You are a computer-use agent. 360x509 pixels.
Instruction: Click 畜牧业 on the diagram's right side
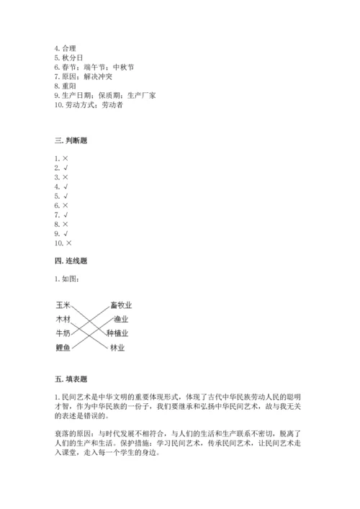(x=121, y=305)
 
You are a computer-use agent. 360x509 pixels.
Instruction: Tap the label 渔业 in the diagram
(x=120, y=319)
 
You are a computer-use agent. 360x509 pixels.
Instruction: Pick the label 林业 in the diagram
(x=117, y=348)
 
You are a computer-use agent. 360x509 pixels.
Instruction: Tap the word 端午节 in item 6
(x=97, y=67)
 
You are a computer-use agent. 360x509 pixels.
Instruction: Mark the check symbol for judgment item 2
(x=65, y=167)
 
